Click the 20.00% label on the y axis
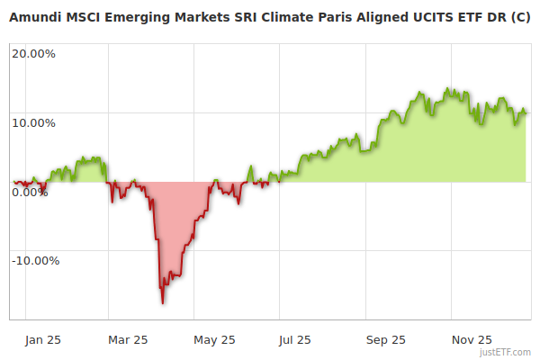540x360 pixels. click(33, 53)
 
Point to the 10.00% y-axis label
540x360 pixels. click(33, 122)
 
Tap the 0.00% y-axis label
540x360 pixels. click(30, 192)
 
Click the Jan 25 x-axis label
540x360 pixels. click(42, 339)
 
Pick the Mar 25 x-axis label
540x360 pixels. click(128, 339)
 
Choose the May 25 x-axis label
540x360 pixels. click(214, 339)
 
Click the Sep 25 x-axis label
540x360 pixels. click(386, 339)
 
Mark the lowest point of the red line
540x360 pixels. click(163, 302)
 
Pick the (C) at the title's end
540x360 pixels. click(520, 18)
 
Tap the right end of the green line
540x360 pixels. click(526, 112)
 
